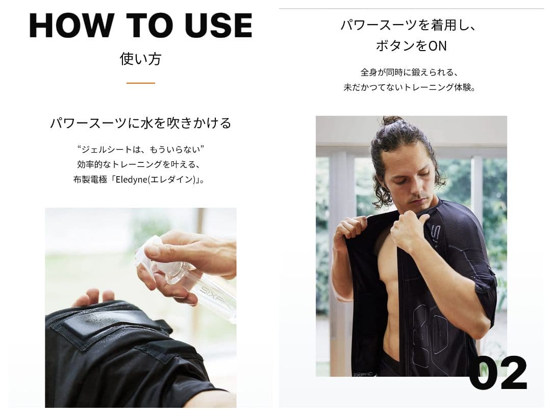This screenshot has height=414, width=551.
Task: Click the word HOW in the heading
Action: coord(71,26)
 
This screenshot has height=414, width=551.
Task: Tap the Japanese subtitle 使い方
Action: coord(140,59)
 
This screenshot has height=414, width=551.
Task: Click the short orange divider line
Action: coord(140,83)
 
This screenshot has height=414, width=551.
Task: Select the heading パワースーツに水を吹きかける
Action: coord(140,123)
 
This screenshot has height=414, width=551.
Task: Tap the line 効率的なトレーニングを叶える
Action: coord(140,164)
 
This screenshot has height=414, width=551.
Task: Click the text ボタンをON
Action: coord(411,46)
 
